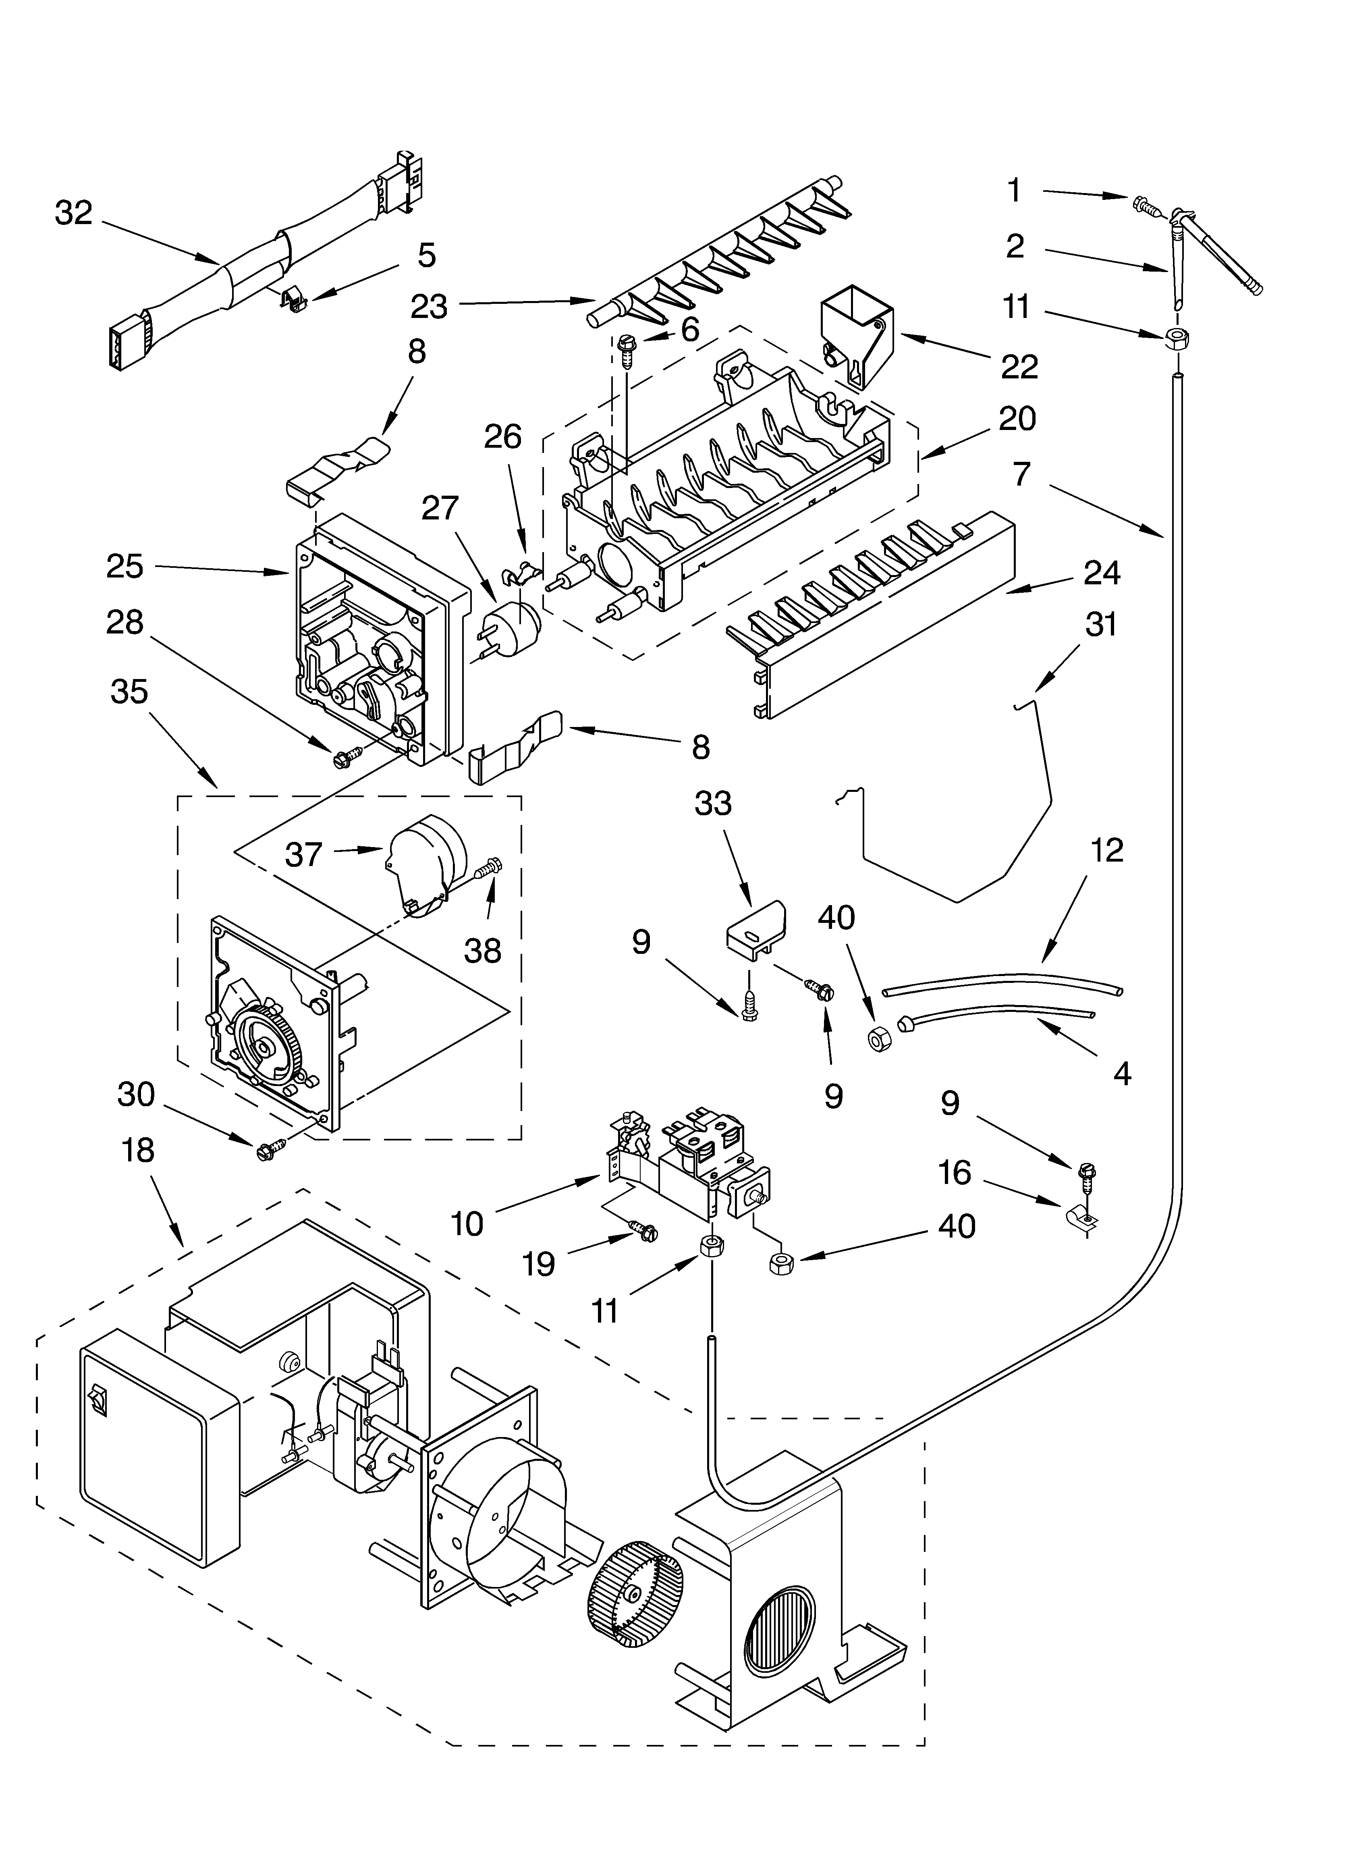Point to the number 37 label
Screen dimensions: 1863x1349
coord(303,855)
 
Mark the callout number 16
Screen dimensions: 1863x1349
coord(955,1173)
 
